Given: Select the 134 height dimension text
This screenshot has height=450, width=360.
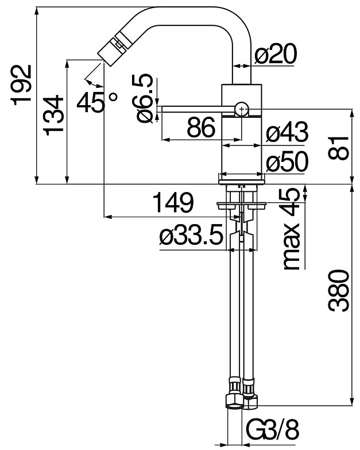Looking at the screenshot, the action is [53, 116].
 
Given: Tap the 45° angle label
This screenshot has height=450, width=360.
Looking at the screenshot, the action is [97, 102].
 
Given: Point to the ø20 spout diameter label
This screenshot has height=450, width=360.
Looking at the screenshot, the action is [276, 53].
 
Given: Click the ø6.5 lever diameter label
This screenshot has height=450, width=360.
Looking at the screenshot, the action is [142, 98].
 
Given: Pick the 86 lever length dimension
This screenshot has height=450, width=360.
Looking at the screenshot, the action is [201, 127].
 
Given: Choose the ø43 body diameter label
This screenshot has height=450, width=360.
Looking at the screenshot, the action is [287, 132].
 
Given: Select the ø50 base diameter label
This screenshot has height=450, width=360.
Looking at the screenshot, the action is [287, 161].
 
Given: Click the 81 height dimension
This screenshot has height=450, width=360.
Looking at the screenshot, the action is [339, 148].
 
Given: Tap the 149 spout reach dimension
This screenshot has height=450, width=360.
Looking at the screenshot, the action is [173, 202].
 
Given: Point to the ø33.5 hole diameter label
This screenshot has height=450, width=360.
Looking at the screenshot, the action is [191, 234].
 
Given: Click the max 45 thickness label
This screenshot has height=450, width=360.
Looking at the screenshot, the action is [292, 229].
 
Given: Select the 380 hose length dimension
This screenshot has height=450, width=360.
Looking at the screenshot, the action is [339, 290].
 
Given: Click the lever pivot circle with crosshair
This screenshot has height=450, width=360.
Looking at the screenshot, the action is [242, 109].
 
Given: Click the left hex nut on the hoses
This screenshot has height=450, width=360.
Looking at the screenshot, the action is [235, 401].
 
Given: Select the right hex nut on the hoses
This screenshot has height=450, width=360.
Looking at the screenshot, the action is [250, 401].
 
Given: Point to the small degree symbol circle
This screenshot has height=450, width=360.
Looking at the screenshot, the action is [114, 97].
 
